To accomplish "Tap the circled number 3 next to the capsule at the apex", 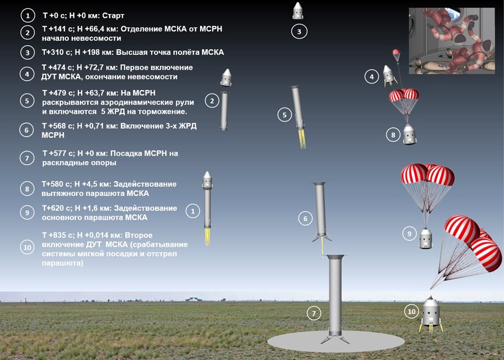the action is pos(299,31).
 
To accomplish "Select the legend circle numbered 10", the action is pos(27,247).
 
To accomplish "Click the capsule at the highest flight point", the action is pos(298,11).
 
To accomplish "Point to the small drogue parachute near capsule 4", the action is pos(396,53).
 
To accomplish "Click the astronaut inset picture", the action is pos(451,41).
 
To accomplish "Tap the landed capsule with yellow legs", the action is pos(431,314).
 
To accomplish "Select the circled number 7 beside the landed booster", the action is pos(314,313).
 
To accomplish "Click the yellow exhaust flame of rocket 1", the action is pos(207,237).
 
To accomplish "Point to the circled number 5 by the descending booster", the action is pos(284,115).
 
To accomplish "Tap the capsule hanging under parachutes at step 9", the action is pos(426,238).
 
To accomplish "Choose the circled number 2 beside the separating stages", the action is pos(212,101).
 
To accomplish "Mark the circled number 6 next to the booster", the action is pos(305,218).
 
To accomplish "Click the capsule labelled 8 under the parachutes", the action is pos(409,134).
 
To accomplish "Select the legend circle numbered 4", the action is pos(27,74).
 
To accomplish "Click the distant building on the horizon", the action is pos(194,299).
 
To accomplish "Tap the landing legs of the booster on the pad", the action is pos(335,339).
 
